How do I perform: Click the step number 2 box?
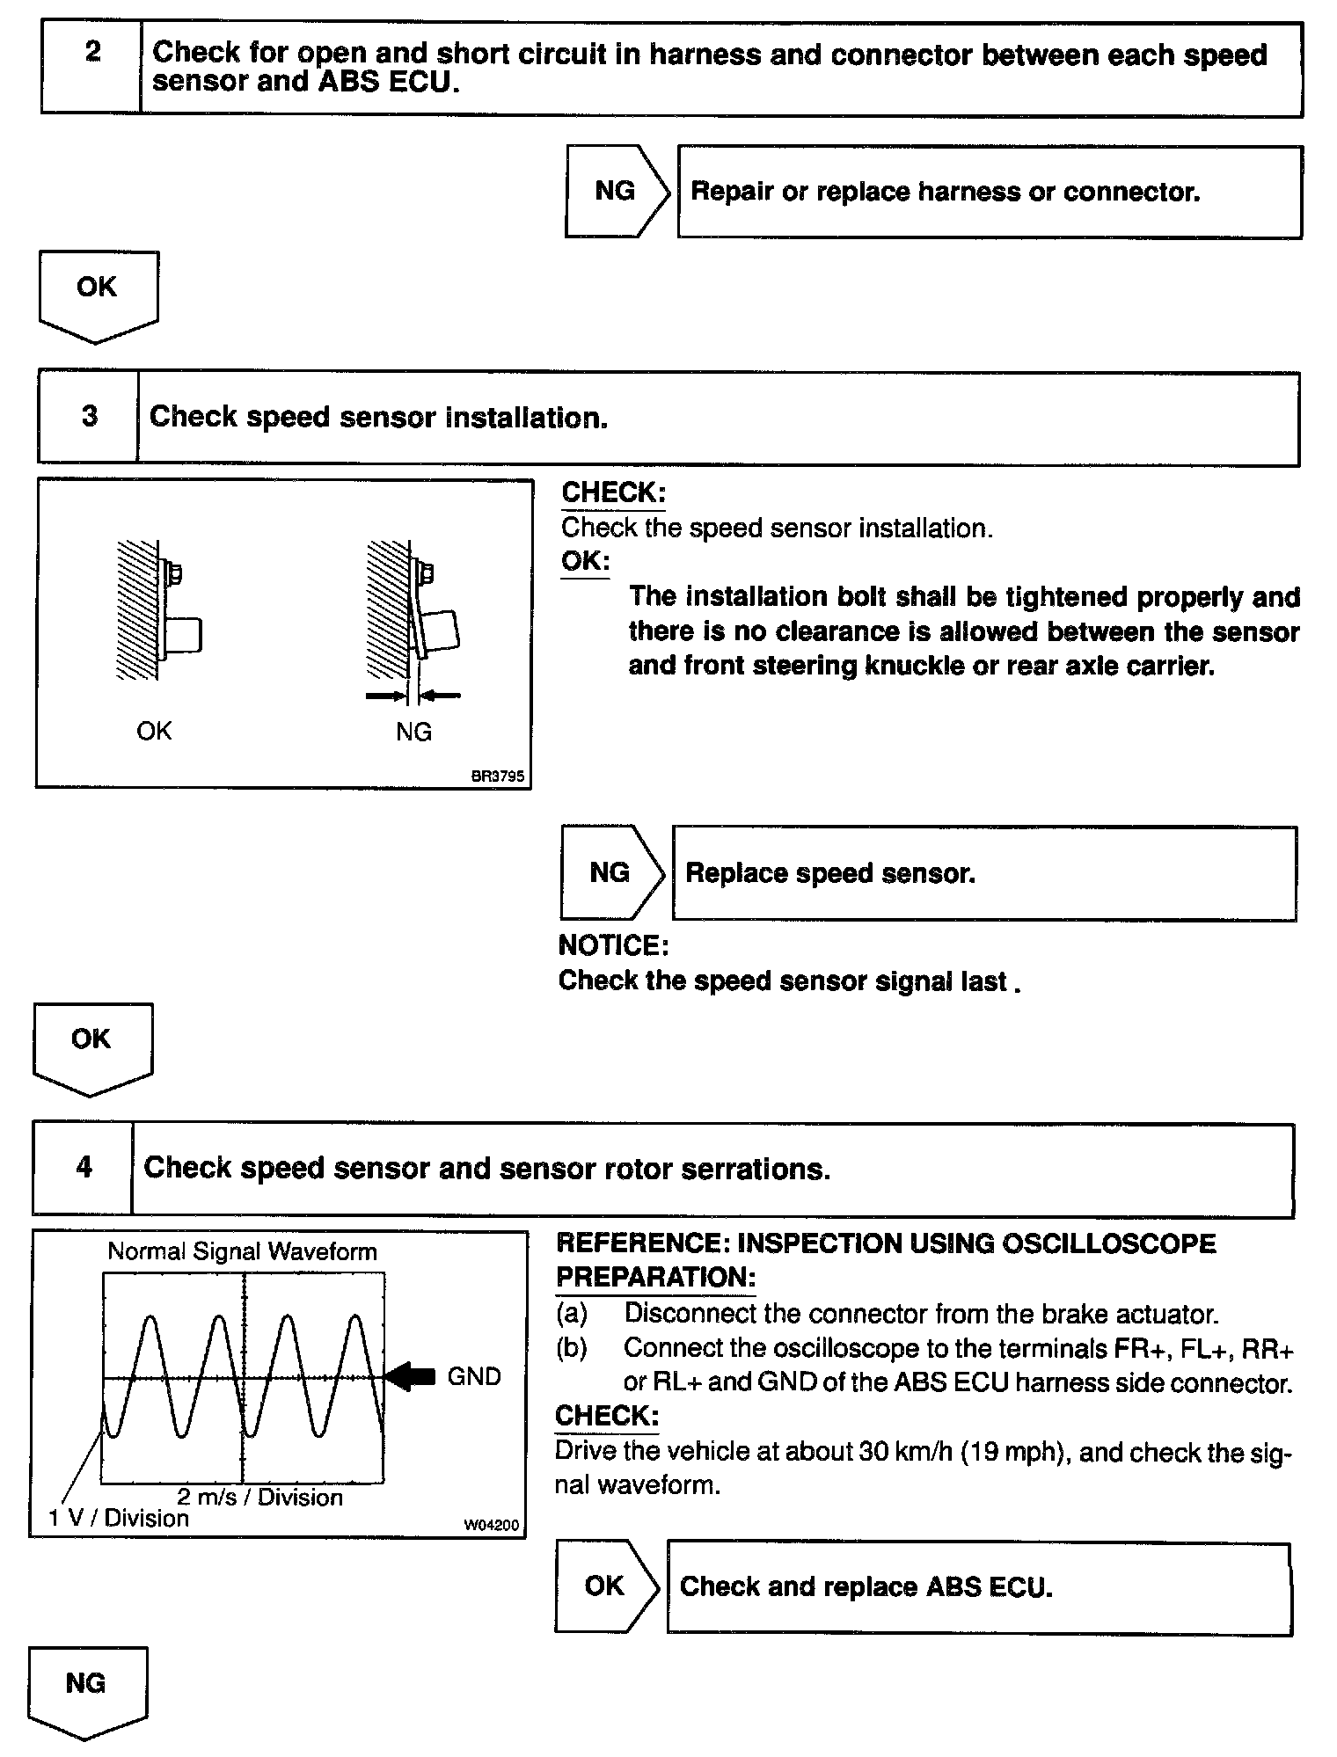point(91,68)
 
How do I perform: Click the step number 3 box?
point(89,417)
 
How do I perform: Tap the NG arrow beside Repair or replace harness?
point(616,191)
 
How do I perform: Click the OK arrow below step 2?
point(98,294)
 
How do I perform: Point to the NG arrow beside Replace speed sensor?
point(610,872)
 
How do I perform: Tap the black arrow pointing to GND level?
point(412,1376)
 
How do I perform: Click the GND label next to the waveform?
point(474,1376)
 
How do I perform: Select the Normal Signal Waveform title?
point(242,1251)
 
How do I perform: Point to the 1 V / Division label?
point(119,1519)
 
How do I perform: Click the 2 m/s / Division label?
point(259,1497)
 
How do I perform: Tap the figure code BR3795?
point(498,776)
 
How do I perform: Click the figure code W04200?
point(492,1526)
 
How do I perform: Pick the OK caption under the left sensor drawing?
point(154,731)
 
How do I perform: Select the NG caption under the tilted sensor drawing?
point(413,732)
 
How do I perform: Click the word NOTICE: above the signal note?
point(614,945)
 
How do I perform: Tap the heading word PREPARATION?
point(655,1277)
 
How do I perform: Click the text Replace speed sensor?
point(830,873)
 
